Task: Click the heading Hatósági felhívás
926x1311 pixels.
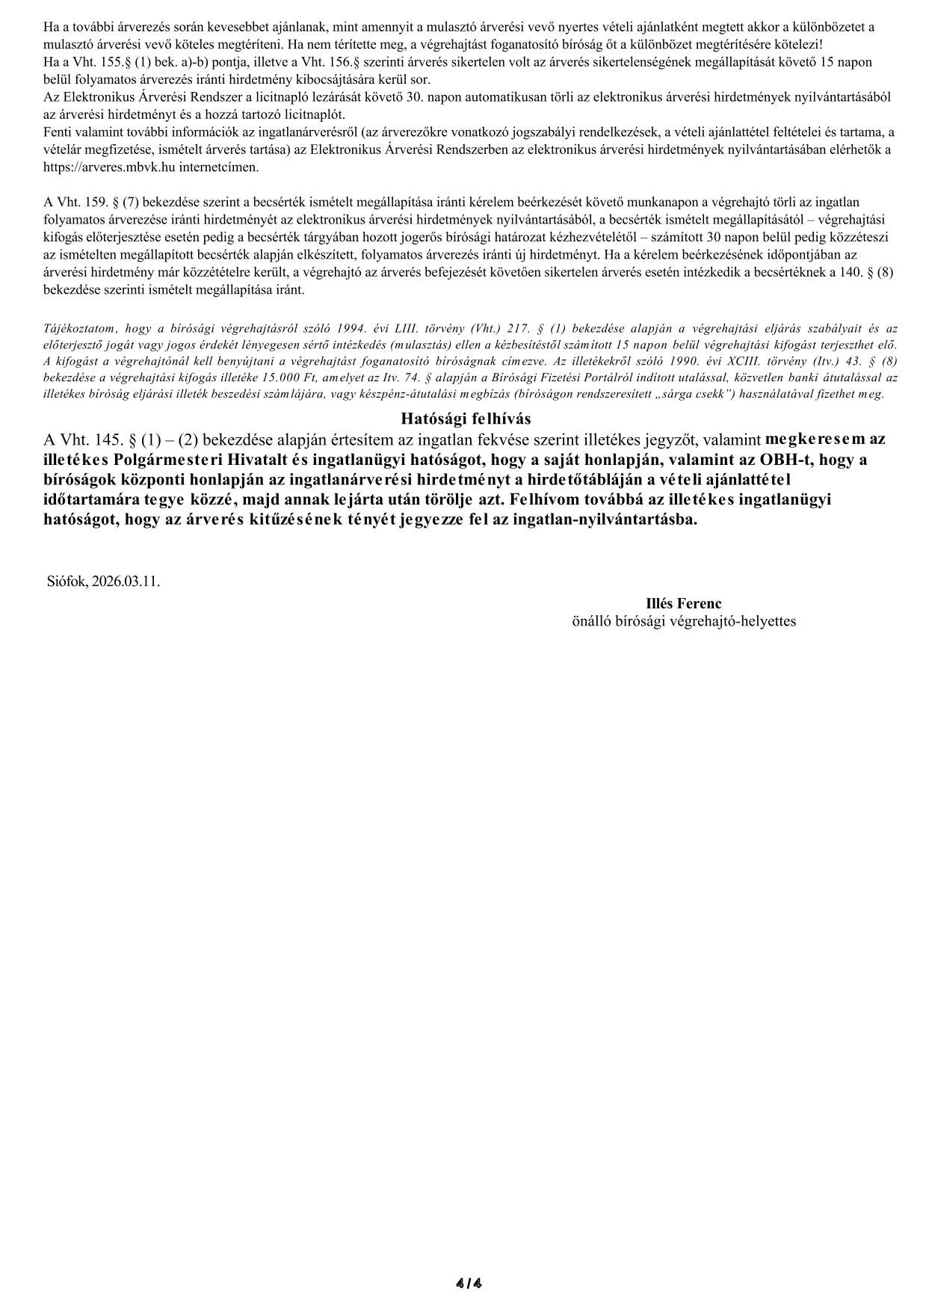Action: pos(466,419)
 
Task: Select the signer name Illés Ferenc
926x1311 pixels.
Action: pos(683,603)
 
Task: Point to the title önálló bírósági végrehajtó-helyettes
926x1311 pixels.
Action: pos(683,621)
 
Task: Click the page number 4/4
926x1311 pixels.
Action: pos(469,1284)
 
